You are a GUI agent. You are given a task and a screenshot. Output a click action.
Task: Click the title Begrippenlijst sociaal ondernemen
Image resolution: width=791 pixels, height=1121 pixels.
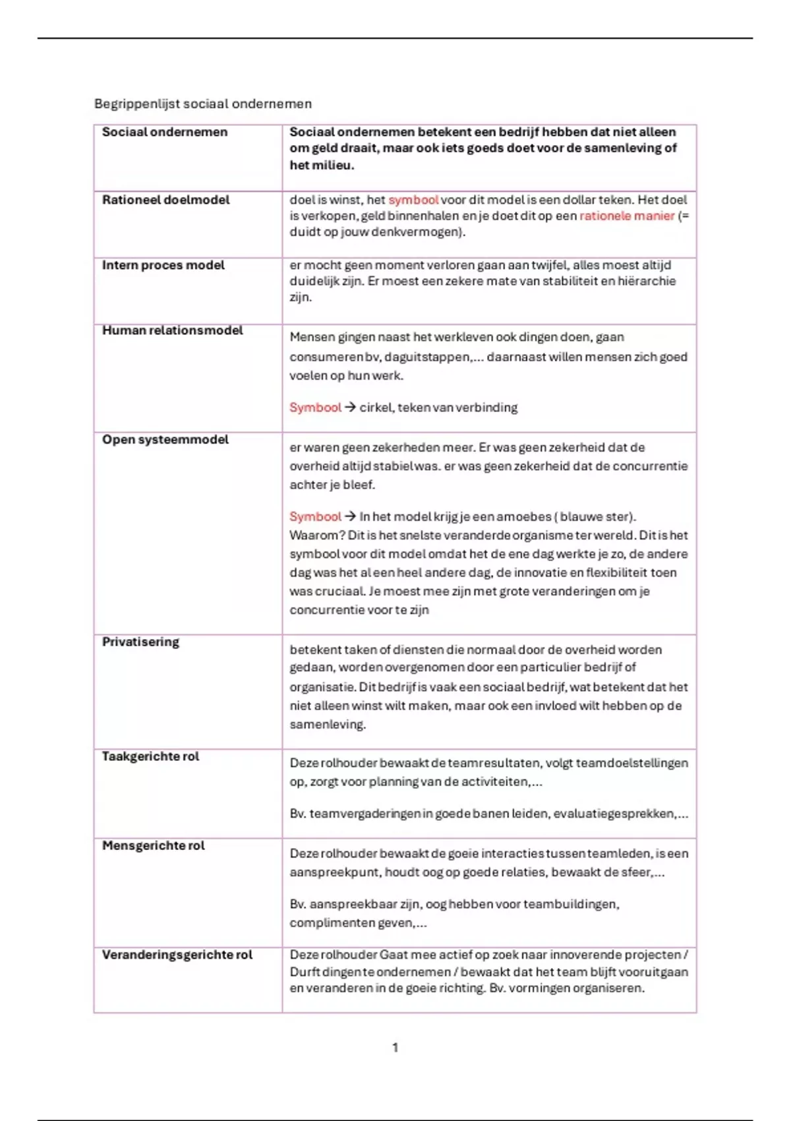[202, 104]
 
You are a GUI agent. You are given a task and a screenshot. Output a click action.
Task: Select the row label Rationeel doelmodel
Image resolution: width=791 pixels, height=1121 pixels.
[165, 199]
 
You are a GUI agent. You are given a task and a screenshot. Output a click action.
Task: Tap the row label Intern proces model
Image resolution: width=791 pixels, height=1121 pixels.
[163, 264]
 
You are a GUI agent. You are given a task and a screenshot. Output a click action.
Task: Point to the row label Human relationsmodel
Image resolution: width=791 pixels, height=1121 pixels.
[172, 330]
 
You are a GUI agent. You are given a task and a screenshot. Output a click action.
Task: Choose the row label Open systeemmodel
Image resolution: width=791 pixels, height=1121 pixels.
[165, 439]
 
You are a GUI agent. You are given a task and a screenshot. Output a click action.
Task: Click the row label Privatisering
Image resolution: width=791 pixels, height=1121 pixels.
[140, 642]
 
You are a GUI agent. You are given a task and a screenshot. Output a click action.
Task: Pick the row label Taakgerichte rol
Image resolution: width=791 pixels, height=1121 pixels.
[150, 756]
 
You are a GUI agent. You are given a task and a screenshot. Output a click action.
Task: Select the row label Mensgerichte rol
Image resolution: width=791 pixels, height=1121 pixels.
[153, 845]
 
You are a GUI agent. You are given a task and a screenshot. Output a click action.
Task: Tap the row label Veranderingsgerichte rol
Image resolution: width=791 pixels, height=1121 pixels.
[177, 954]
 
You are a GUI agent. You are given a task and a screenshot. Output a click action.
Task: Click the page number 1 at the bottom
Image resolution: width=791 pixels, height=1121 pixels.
[395, 1047]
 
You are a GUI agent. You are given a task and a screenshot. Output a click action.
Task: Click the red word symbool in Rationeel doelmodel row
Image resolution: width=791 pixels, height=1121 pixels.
[413, 199]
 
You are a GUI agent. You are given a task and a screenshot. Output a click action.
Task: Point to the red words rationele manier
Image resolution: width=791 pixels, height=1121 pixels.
[627, 216]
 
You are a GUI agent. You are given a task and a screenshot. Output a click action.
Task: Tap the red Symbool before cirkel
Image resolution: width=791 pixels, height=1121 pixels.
[315, 408]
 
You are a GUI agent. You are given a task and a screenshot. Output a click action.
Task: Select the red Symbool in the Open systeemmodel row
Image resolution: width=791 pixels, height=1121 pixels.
[315, 516]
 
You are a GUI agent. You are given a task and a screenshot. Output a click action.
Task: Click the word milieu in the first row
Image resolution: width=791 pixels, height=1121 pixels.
[319, 165]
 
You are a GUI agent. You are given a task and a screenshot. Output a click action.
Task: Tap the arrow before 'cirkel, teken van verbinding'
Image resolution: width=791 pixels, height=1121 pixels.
[350, 408]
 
